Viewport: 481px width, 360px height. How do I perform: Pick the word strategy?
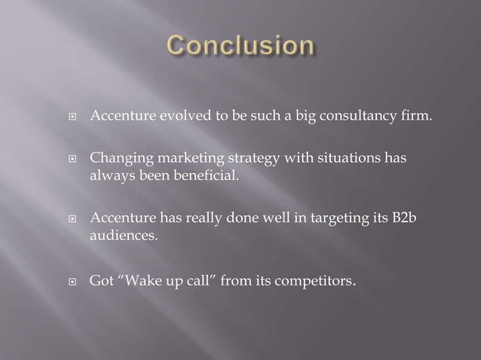point(250,160)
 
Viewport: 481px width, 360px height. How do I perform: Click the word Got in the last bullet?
point(101,282)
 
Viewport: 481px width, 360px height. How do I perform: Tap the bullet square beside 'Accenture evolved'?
point(75,119)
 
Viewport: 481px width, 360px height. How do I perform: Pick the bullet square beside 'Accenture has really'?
point(75,220)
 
